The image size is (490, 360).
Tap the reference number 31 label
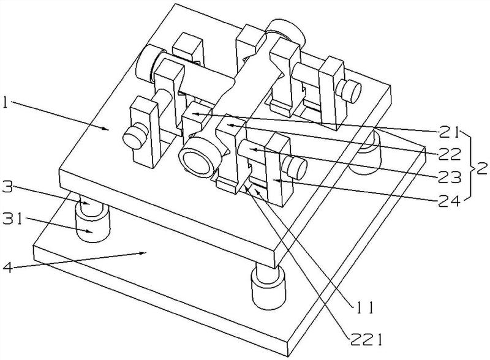pos(13,219)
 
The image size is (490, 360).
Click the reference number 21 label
pos(449,132)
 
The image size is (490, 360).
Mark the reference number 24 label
pos(450,202)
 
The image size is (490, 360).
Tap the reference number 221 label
pos(366,340)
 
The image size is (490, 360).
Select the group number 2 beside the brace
pos(481,169)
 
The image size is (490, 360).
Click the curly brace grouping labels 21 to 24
pos(469,166)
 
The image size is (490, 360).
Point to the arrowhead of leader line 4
pos(144,253)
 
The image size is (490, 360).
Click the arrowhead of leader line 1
pos(106,128)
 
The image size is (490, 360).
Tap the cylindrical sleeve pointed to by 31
pos(93,224)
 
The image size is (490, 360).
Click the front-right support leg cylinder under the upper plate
pos(269,286)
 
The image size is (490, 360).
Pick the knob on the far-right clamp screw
pos(349,91)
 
